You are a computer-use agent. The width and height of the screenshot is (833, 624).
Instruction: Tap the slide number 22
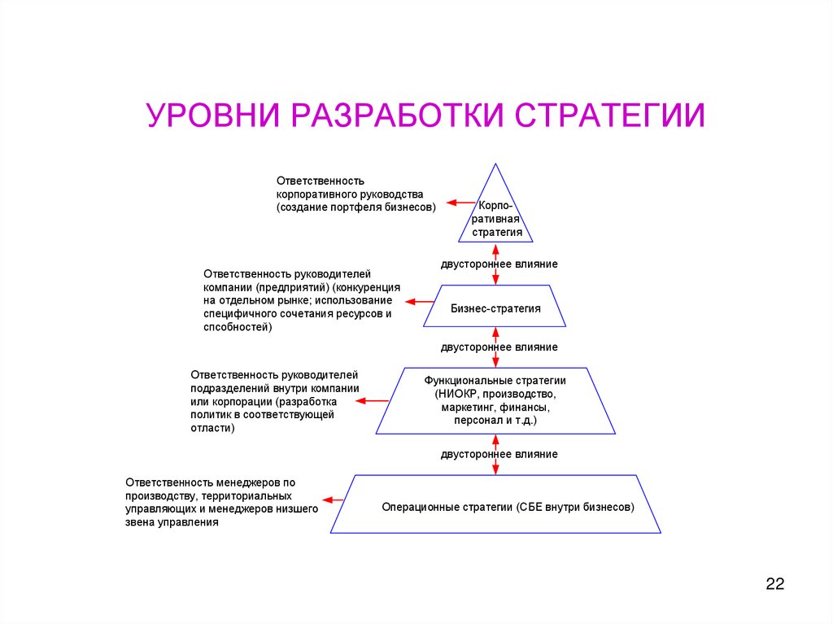(x=774, y=584)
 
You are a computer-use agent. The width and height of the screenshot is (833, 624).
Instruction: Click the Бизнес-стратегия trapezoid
(x=495, y=308)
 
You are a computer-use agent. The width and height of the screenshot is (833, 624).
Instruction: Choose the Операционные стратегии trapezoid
(x=495, y=506)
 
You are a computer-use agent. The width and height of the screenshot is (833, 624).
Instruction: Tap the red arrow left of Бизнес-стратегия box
(x=421, y=302)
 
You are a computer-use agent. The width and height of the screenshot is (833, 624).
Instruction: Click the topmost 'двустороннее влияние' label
(x=499, y=264)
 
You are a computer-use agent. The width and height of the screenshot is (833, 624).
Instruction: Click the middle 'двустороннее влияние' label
(x=499, y=347)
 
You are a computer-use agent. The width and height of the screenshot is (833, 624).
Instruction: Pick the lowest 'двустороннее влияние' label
(x=499, y=454)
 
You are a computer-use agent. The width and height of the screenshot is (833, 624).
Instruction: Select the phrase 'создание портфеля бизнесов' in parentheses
(x=355, y=207)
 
